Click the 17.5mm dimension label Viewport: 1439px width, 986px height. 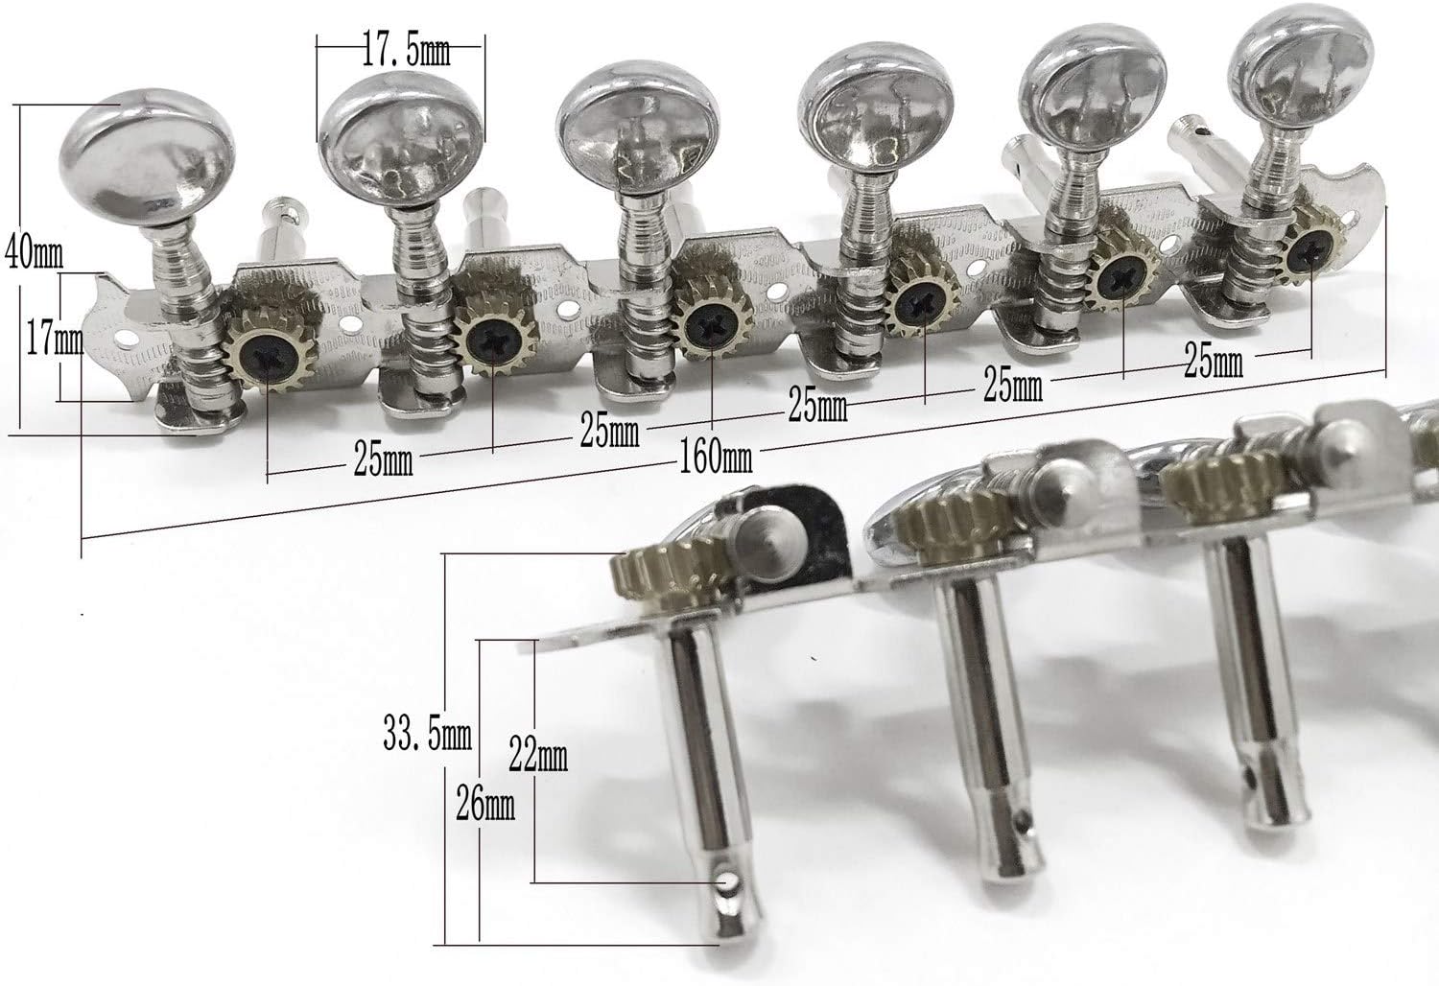[406, 53]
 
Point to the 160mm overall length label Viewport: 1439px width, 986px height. [715, 458]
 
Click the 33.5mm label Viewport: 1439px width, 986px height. [427, 734]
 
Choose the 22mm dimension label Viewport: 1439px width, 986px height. [537, 756]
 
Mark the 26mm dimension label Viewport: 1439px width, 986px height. [485, 804]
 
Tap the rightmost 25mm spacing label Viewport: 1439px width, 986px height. [1214, 362]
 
